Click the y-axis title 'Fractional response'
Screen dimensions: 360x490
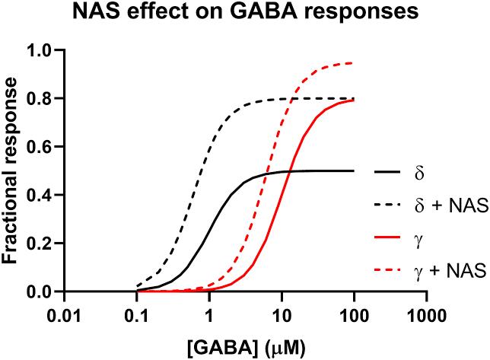tap(13, 170)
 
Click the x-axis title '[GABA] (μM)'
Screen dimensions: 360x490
tap(249, 346)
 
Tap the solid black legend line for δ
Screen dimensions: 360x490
tap(389, 171)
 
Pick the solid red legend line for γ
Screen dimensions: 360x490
tap(389, 240)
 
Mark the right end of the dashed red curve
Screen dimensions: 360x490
tap(354, 63)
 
